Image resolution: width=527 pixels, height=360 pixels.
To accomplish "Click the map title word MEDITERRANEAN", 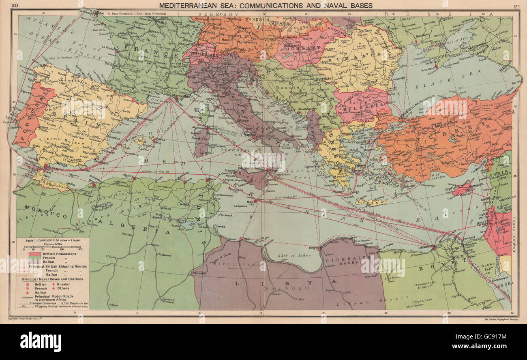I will point(185,5).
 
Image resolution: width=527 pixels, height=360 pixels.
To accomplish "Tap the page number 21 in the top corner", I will point(516,6).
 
